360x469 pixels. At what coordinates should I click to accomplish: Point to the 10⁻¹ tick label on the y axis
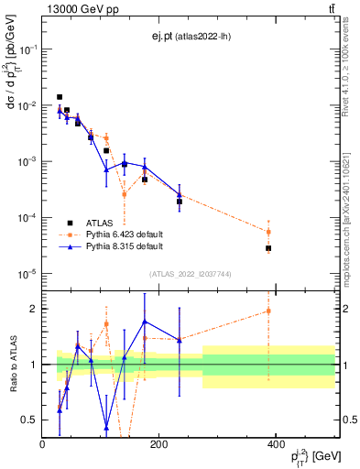point(29,49)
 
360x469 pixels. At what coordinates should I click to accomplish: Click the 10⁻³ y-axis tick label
point(29,162)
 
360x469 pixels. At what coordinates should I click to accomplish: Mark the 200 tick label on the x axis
point(159,444)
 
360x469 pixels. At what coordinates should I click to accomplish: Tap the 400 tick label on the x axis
point(277,444)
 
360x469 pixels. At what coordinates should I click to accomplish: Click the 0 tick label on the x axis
point(43,444)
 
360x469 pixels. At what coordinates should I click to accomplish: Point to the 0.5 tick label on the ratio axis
point(31,420)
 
